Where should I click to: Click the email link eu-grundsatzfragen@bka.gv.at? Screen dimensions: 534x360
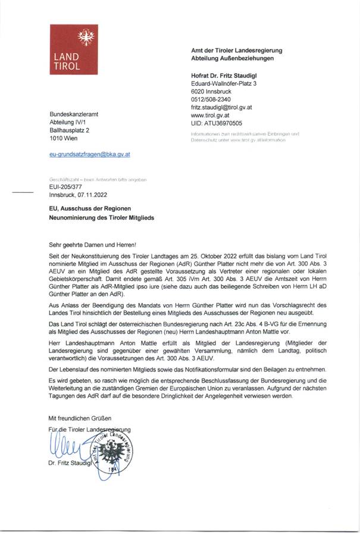tap(89, 154)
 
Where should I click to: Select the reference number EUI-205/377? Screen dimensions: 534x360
tap(67, 186)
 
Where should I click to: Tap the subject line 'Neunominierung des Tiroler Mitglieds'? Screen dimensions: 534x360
tap(101, 218)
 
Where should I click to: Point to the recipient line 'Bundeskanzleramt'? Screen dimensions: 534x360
tap(74, 113)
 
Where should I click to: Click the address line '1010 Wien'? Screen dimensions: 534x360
tap(64, 138)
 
